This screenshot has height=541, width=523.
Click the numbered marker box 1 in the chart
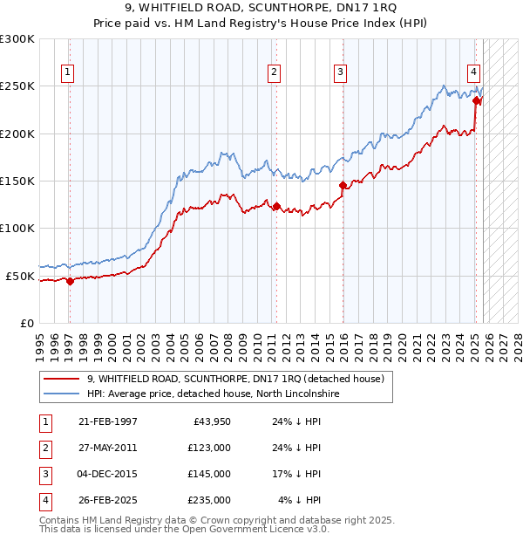pyautogui.click(x=67, y=72)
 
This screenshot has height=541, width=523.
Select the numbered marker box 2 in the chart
pyautogui.click(x=274, y=72)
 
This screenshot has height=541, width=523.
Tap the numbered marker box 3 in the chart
pyautogui.click(x=340, y=72)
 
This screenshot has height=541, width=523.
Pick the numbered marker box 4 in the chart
pyautogui.click(x=472, y=72)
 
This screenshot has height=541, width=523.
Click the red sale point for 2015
pyautogui.click(x=343, y=185)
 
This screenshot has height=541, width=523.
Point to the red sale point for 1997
pyautogui.click(x=70, y=281)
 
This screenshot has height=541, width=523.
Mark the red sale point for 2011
pyautogui.click(x=276, y=206)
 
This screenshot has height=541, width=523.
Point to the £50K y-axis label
pyautogui.click(x=20, y=276)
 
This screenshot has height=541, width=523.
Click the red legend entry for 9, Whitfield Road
pyautogui.click(x=235, y=379)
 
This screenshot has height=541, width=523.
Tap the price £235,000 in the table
pyautogui.click(x=209, y=500)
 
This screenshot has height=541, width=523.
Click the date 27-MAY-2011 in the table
pyautogui.click(x=108, y=448)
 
